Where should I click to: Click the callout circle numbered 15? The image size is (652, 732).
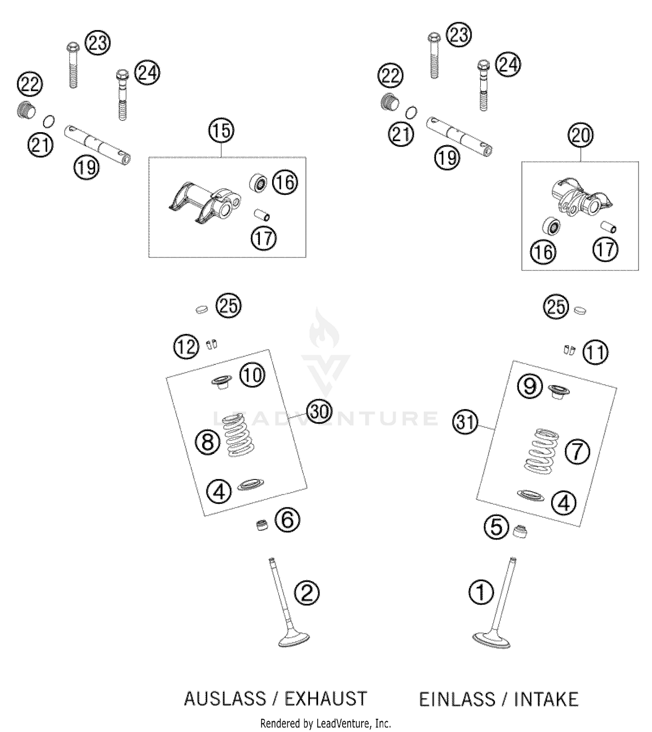[221, 131]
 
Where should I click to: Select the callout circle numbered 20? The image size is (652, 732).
[581, 136]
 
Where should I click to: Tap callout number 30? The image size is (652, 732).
[319, 411]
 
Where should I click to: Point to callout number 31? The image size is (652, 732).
[466, 422]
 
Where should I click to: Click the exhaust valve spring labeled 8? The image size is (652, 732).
[239, 435]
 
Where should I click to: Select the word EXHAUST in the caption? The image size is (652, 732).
[326, 699]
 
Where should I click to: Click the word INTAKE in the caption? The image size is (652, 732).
[546, 699]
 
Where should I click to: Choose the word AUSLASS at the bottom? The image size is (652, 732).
[225, 699]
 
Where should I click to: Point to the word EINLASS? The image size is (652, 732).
[457, 699]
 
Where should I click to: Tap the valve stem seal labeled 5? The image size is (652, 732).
[520, 532]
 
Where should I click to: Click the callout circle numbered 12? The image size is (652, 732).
[186, 347]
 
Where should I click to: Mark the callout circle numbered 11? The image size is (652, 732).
[595, 353]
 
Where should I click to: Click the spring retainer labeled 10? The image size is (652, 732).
[222, 382]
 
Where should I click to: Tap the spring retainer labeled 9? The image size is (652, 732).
[559, 391]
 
